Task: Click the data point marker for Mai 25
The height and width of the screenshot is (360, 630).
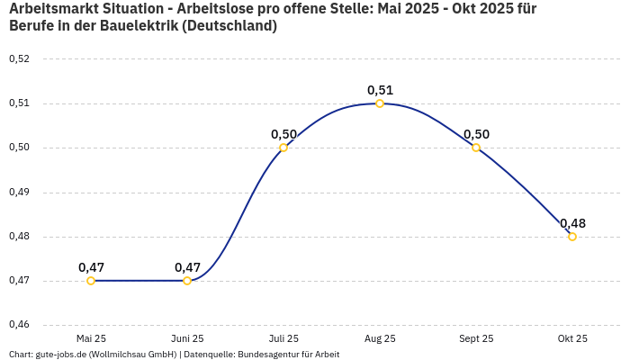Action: pyautogui.click(x=91, y=281)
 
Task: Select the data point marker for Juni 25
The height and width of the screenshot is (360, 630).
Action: pyautogui.click(x=187, y=281)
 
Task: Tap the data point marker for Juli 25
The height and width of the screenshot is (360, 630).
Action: pyautogui.click(x=283, y=148)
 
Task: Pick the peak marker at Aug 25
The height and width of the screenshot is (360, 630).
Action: pyautogui.click(x=380, y=103)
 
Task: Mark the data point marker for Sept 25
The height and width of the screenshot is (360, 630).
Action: pyautogui.click(x=476, y=148)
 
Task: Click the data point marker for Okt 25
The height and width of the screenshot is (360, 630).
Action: pyautogui.click(x=572, y=237)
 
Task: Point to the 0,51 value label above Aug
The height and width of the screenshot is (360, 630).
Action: pyautogui.click(x=380, y=90)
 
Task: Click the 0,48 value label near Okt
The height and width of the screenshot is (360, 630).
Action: pyautogui.click(x=572, y=223)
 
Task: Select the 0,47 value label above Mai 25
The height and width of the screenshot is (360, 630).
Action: pyautogui.click(x=91, y=267)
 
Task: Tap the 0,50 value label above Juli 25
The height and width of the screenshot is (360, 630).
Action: pyautogui.click(x=283, y=134)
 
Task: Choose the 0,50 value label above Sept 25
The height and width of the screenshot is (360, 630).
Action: pyautogui.click(x=476, y=134)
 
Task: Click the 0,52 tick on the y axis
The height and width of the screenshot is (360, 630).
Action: pyautogui.click(x=19, y=58)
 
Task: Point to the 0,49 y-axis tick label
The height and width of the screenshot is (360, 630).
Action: pyautogui.click(x=19, y=192)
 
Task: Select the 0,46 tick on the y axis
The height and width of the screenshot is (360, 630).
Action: pyautogui.click(x=19, y=325)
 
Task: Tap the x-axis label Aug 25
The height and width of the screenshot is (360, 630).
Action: pyautogui.click(x=380, y=338)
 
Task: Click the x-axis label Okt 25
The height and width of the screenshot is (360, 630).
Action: pyautogui.click(x=572, y=338)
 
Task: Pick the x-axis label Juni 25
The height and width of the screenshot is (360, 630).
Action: pyautogui.click(x=187, y=338)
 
